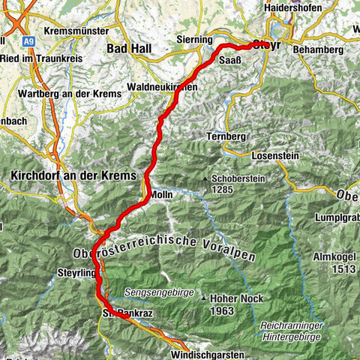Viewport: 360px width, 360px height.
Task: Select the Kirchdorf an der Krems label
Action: (74, 175)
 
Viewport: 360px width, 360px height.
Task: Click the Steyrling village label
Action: (76, 274)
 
